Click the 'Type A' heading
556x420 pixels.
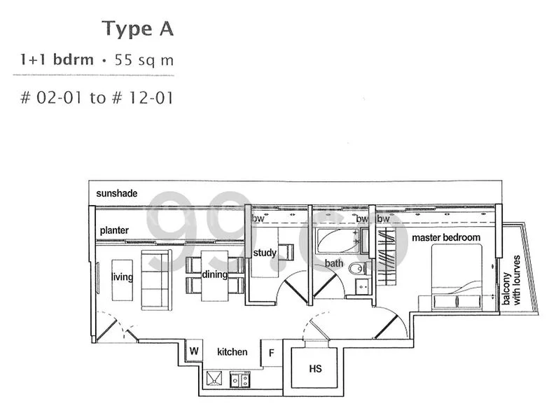(x=137, y=29)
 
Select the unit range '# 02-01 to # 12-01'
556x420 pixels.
(x=97, y=97)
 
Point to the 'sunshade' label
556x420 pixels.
(x=116, y=192)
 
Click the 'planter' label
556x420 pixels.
(x=113, y=230)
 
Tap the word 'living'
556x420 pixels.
(x=122, y=277)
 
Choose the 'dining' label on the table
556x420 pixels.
(x=214, y=274)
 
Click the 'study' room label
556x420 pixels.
(x=265, y=253)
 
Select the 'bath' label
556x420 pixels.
(x=333, y=264)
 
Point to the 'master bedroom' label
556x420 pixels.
(x=446, y=237)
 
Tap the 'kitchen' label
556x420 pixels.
(x=231, y=351)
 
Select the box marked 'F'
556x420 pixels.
(x=271, y=353)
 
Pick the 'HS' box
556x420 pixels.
(x=315, y=368)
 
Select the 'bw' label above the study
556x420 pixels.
(x=258, y=219)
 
